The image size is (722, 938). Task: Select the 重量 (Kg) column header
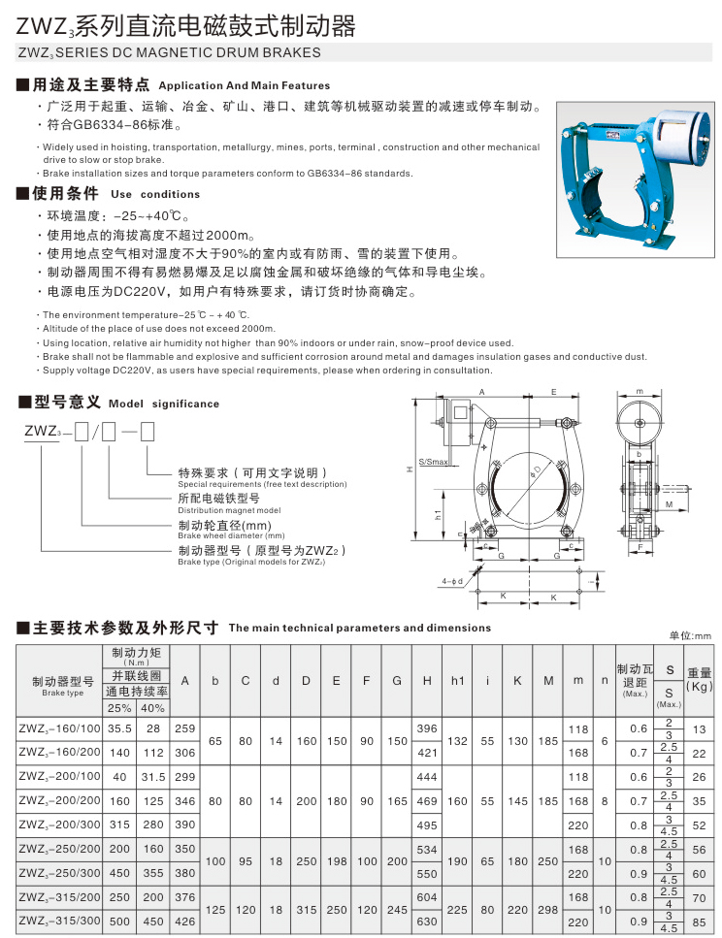tap(699, 679)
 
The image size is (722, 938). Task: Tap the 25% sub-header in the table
tap(120, 707)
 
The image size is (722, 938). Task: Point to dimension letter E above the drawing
tap(553, 391)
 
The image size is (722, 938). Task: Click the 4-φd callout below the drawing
tap(453, 580)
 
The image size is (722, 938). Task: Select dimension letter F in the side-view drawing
tap(641, 547)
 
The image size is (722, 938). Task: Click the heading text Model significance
tap(164, 404)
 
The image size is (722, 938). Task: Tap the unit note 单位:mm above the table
tap(690, 635)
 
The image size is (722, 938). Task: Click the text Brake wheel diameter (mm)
tap(231, 535)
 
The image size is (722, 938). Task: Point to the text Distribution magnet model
tap(229, 510)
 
